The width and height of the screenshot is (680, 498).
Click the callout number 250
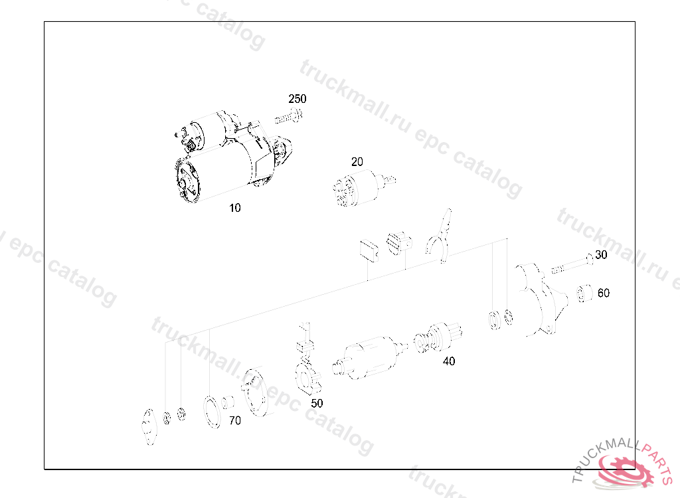click(297, 99)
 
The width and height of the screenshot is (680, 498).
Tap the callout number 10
click(234, 208)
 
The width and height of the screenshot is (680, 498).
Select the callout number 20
click(357, 162)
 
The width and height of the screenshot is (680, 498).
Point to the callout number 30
click(601, 254)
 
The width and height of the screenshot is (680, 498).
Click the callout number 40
click(449, 361)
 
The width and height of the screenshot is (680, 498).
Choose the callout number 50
click(317, 404)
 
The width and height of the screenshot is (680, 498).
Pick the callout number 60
click(604, 293)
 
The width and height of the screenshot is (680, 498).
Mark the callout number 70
click(235, 421)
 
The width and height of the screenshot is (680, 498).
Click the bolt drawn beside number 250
click(288, 117)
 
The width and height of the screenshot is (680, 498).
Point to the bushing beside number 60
click(584, 293)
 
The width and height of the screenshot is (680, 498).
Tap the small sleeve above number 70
click(228, 402)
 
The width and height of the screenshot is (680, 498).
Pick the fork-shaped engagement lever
click(439, 236)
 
